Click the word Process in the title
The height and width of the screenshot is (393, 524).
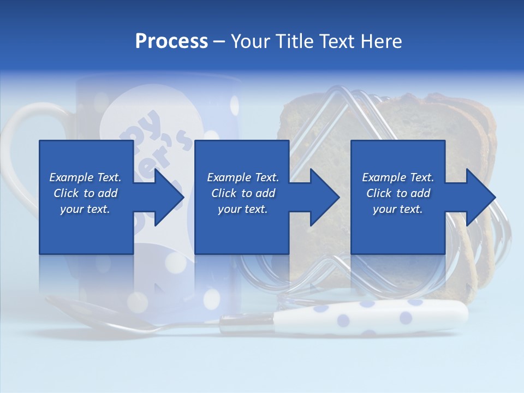pyautogui.click(x=171, y=41)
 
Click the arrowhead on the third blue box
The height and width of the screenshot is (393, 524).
pyautogui.click(x=479, y=197)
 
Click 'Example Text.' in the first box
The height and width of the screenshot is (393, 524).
pyautogui.click(x=85, y=177)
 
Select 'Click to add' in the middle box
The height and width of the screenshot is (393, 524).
pyautogui.click(x=243, y=193)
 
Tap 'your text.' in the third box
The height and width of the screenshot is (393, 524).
pyautogui.click(x=398, y=209)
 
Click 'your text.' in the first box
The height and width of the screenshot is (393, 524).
pyautogui.click(x=85, y=209)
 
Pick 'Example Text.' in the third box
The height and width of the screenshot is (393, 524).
pyautogui.click(x=398, y=177)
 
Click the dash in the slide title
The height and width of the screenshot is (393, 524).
pyautogui.click(x=219, y=41)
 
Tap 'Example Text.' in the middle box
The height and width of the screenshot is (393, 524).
pyautogui.click(x=243, y=177)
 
